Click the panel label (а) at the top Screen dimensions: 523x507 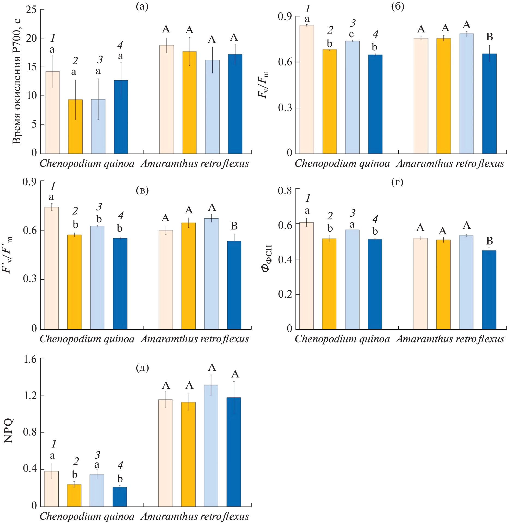142,6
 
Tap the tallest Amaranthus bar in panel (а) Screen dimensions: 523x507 167,99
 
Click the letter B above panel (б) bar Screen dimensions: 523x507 490,37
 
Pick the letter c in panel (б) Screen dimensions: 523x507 352,34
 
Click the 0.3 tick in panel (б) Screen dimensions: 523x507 285,108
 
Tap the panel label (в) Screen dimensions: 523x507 142,190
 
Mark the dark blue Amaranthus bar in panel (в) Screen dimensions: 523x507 234,285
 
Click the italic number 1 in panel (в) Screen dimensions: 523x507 53,186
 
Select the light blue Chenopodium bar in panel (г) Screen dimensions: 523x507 352,279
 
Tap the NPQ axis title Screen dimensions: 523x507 8,430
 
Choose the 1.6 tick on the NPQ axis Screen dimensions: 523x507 30,359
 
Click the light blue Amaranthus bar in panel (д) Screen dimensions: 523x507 211,446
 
